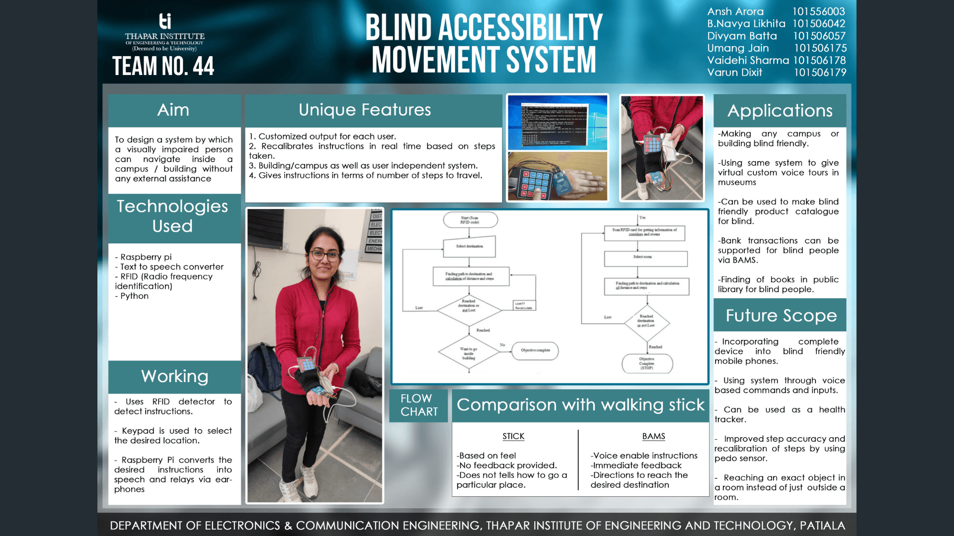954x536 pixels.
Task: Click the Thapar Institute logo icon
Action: pos(165,21)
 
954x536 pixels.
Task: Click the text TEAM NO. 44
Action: pos(163,66)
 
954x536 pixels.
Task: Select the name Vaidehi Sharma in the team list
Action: pos(748,60)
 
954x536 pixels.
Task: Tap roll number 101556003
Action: pos(818,11)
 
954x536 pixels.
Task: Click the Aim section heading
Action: pos(173,110)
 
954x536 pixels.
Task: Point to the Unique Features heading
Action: pos(365,110)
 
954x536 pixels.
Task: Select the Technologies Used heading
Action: pos(172,216)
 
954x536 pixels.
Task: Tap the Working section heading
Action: pos(174,376)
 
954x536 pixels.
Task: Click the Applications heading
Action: pos(780,111)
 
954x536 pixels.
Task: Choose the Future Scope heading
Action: pos(781,316)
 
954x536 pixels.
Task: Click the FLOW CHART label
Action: pos(419,405)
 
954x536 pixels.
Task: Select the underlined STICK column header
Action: pos(513,436)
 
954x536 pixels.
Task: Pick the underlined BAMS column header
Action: pos(653,436)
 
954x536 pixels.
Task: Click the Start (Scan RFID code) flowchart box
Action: pos(470,220)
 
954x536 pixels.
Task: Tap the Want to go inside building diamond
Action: pos(469,353)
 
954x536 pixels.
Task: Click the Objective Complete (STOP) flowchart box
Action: pos(647,363)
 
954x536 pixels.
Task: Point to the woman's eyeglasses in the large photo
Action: pos(324,256)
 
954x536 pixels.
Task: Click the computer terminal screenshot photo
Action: pos(557,123)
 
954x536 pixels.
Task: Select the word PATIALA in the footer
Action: pos(822,526)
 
